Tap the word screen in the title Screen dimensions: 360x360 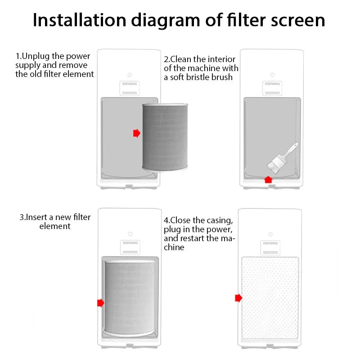pyautogui.click(x=293, y=20)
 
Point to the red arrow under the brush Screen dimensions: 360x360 pyautogui.click(x=268, y=179)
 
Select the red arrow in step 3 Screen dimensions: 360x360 pyautogui.click(x=101, y=302)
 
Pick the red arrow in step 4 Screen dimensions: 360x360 pyautogui.click(x=238, y=298)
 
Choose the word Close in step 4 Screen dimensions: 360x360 pyautogui.click(x=181, y=220)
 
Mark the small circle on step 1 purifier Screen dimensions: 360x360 pyautogui.click(x=129, y=74)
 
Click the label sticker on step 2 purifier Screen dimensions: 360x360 pyautogui.click(x=272, y=88)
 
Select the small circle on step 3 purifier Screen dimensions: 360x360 pyautogui.click(x=130, y=234)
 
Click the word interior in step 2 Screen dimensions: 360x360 pyautogui.click(x=220, y=59)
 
